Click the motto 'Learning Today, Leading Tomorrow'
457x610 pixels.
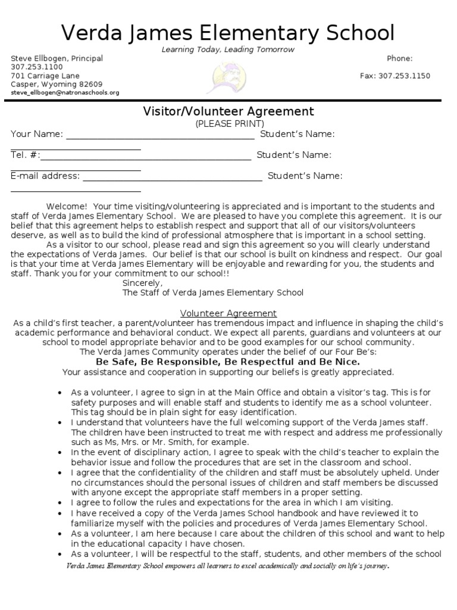pyautogui.click(x=228, y=49)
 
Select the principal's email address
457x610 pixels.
pyautogui.click(x=65, y=93)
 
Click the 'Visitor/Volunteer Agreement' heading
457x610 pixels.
pyautogui.click(x=228, y=111)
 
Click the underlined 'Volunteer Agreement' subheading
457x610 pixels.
pyautogui.click(x=228, y=313)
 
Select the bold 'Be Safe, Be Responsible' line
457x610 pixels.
pyautogui.click(x=228, y=362)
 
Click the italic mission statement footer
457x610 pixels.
pyautogui.click(x=228, y=566)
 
